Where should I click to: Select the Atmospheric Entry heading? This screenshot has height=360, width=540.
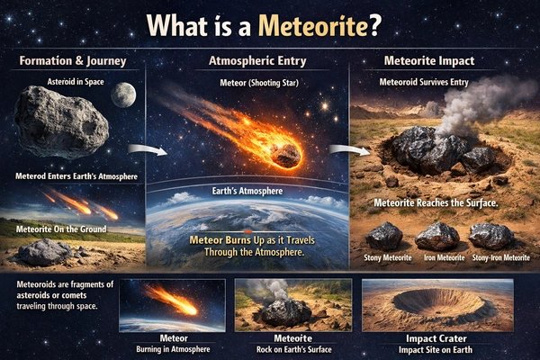(x=257, y=63)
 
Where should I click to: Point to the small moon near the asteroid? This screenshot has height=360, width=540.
(x=124, y=94)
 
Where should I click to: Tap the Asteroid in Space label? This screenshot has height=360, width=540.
(x=74, y=81)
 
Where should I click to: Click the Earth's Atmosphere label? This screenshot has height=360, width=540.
(x=256, y=192)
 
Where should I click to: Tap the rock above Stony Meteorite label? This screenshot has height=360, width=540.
(x=384, y=236)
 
